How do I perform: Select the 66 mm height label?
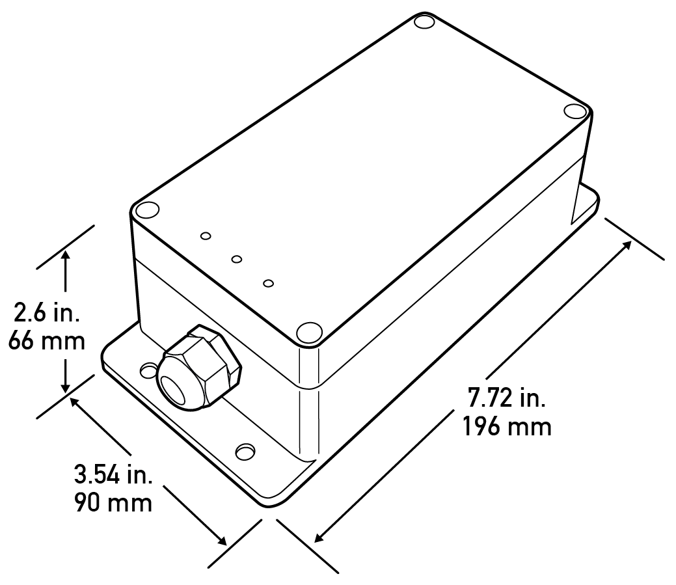tap(46, 341)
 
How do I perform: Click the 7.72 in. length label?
tap(507, 398)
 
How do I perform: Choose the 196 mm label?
tap(507, 427)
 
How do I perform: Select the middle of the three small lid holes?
tap(237, 260)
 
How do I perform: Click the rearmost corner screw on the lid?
tap(424, 23)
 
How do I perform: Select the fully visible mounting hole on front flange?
tap(245, 451)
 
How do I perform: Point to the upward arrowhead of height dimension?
tap(65, 258)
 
